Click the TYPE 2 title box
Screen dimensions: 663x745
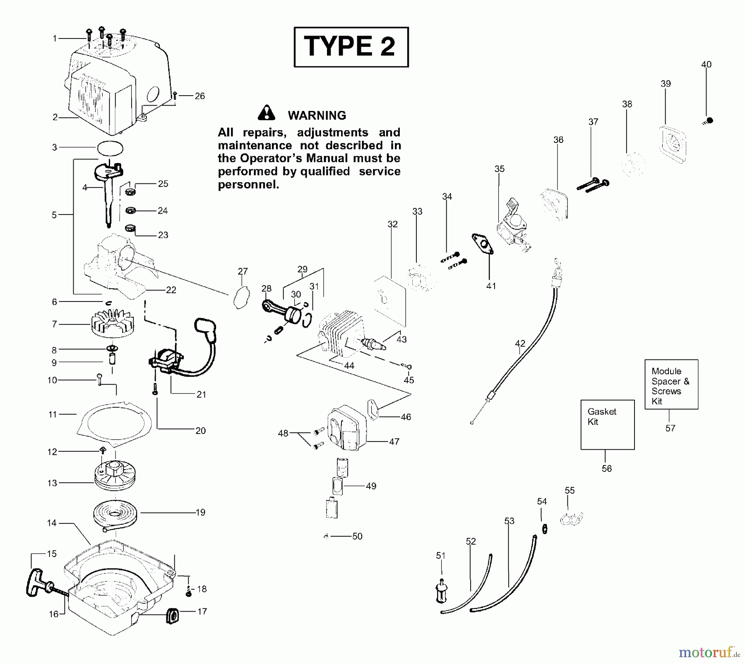351,47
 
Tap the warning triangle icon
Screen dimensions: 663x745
266,113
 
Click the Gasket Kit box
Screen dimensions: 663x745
607,424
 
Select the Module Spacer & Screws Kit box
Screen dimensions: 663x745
671,384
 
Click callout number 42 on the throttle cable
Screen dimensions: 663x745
520,343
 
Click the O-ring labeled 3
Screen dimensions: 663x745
111,148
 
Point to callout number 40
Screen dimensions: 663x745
706,65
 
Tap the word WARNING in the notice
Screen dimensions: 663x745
317,116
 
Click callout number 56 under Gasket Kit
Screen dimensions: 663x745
606,468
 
